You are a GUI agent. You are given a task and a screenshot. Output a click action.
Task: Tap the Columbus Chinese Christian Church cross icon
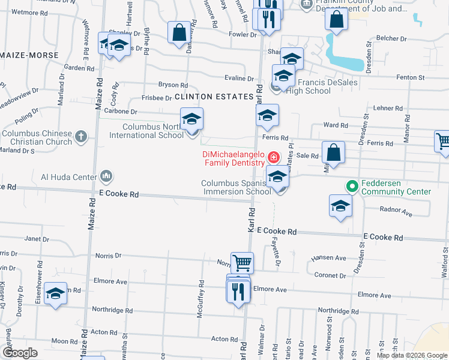coord(82,137)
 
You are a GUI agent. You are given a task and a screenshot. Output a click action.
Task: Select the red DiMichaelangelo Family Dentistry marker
coord(273,158)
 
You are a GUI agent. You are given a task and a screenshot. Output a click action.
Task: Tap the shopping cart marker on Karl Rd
coord(242,262)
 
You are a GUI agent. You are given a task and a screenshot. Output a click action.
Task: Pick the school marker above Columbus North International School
coord(191,119)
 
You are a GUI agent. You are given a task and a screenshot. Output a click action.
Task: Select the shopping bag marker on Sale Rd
coord(334,152)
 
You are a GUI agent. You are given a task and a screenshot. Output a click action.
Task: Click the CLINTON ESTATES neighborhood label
coord(214,97)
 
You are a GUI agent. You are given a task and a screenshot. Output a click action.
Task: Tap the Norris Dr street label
coord(108,256)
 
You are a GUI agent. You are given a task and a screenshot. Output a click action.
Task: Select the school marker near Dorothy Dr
coord(55,293)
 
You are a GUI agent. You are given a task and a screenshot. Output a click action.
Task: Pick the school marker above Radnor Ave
coord(340,206)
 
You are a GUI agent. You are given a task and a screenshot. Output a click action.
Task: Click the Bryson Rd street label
coord(173,85)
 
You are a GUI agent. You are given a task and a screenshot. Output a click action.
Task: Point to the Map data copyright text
coord(412,355)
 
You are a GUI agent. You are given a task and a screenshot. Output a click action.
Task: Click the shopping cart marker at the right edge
coord(443,142)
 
